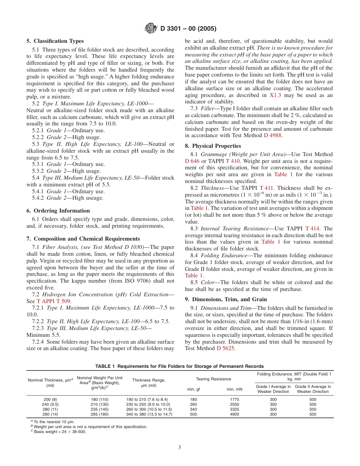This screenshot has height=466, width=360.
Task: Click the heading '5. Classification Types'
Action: click(55, 41)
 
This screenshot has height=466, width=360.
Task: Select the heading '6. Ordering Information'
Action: click(58, 211)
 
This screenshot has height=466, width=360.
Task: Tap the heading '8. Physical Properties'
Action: click(213, 146)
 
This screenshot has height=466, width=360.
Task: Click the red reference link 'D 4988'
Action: click(273, 136)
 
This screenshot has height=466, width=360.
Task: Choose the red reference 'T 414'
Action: click(312, 228)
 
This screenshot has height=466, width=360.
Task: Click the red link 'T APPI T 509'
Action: click(53, 301)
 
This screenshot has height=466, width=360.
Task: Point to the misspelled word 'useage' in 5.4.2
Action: click(93, 198)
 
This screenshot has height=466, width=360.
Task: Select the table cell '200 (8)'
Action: click(50, 399)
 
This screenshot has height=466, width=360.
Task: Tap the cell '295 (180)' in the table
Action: click(99, 414)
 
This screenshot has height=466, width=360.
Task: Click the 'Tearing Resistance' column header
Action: click(213, 379)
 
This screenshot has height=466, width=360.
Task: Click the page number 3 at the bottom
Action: click(180, 447)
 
